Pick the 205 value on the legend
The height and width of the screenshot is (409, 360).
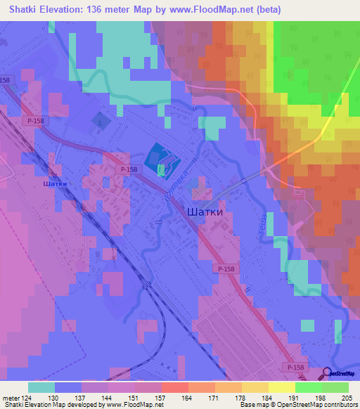coord(345,397)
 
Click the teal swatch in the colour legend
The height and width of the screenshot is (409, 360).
coord(41,387)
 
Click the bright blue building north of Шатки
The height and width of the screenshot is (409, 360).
coord(157,158)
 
